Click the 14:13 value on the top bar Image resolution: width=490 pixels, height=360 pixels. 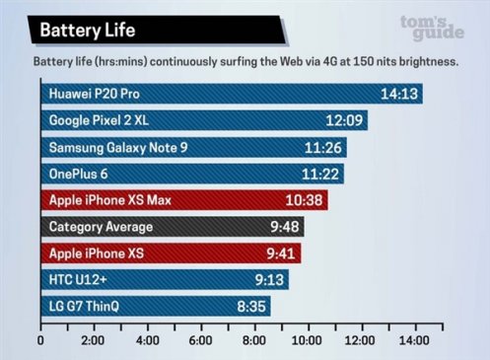point(399,95)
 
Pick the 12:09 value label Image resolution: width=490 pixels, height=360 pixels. point(344,121)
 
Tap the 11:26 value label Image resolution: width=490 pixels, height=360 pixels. point(324,148)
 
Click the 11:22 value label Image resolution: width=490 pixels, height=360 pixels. point(322,175)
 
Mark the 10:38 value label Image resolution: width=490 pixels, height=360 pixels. point(304,201)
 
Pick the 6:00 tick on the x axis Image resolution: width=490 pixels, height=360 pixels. point(200,341)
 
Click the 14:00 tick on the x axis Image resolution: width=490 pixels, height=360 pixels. point(412,341)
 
